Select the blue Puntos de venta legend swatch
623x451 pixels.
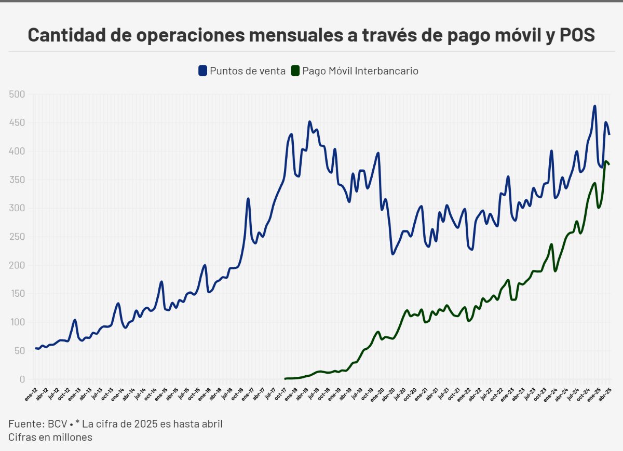pyautogui.click(x=202, y=71)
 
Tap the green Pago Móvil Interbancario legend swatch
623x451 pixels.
pyautogui.click(x=295, y=71)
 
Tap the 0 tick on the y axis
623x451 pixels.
pyautogui.click(x=22, y=379)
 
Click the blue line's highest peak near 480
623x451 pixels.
pyautogui.click(x=594, y=106)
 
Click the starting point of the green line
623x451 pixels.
pyautogui.click(x=286, y=379)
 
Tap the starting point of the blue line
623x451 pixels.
pyautogui.click(x=36, y=348)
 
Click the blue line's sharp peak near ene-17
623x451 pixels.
pyautogui.click(x=248, y=199)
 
